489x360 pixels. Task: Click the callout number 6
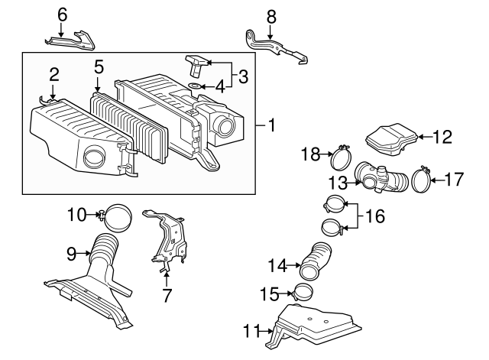(x=63, y=15)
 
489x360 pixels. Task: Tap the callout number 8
(x=271, y=17)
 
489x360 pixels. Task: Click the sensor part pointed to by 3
(x=197, y=65)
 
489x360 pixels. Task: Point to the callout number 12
(x=442, y=137)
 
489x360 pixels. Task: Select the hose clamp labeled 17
(x=421, y=180)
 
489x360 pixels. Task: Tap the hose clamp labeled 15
(x=303, y=291)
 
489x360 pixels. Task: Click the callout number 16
(x=374, y=216)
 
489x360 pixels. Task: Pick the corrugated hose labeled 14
(x=315, y=261)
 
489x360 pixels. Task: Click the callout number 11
(x=251, y=331)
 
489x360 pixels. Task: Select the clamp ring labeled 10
(x=116, y=218)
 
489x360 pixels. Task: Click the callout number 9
(x=71, y=254)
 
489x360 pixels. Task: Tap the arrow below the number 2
(x=53, y=92)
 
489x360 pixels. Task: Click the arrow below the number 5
(x=98, y=84)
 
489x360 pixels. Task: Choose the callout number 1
(x=272, y=125)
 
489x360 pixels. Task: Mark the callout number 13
(x=338, y=183)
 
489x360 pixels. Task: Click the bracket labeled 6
(x=72, y=41)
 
